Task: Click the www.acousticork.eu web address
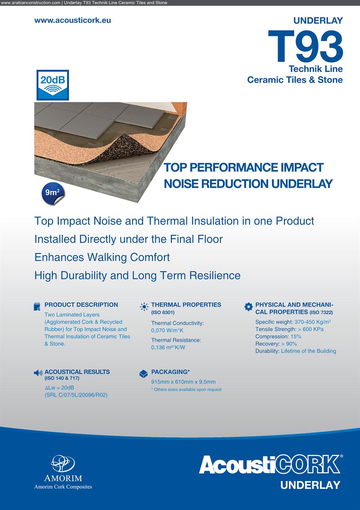(x=72, y=20)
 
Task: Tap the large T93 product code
(x=306, y=46)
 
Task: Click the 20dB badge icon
(x=53, y=85)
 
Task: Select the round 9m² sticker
(x=53, y=194)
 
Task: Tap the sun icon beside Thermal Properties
(x=144, y=307)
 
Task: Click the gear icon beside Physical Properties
(x=248, y=307)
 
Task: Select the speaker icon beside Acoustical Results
(x=38, y=373)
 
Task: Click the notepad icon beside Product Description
(x=37, y=307)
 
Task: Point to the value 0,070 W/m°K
(x=167, y=330)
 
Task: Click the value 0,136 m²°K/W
(x=168, y=347)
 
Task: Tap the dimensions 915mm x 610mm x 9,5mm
(x=183, y=382)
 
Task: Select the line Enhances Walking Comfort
(x=102, y=257)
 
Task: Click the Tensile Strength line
(x=289, y=329)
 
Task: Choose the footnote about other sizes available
(x=186, y=390)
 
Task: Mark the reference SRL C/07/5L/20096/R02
(x=76, y=395)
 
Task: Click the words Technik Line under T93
(x=316, y=69)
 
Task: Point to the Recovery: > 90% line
(x=276, y=344)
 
